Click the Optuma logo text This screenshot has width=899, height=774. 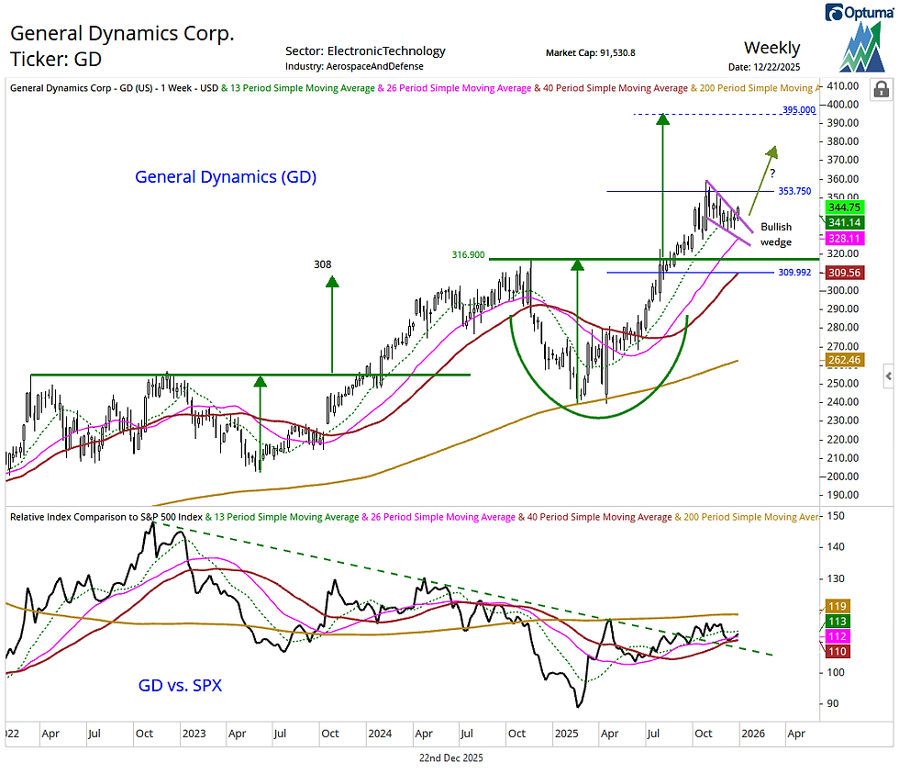pos(866,12)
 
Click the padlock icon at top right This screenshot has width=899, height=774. pos(881,89)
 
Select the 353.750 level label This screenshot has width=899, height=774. pos(794,191)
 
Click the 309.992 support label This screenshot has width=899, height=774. pos(794,273)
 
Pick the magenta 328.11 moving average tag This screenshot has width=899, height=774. pos(842,238)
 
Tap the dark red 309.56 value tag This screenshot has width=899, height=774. pos(842,273)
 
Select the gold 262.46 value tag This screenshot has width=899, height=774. pos(842,361)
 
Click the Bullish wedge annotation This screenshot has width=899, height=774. pos(776,234)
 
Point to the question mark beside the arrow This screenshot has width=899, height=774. pos(772,173)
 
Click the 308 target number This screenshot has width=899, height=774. pos(322,264)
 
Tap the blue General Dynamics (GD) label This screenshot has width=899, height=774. pos(226,177)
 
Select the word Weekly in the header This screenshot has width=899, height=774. pos(771,48)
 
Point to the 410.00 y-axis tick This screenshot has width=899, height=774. pos(842,85)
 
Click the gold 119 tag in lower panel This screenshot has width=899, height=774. pos(837,606)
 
